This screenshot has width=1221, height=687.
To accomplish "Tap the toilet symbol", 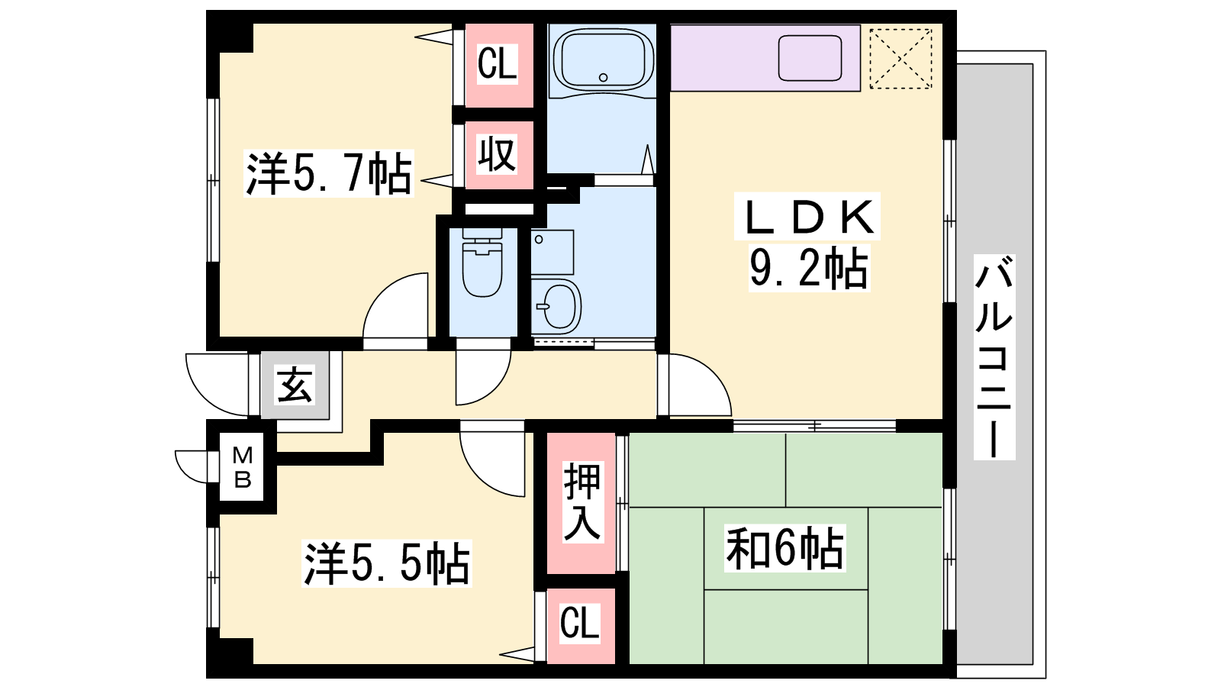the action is point(482,263).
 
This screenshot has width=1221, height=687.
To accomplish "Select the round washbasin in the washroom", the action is point(558,305).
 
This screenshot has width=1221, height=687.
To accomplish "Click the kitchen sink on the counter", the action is point(810,58).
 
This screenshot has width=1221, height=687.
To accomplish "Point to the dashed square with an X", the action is point(900,58).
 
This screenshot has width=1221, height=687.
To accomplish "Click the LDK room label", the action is point(807,217).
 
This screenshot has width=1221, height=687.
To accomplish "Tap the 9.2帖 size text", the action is point(809,268).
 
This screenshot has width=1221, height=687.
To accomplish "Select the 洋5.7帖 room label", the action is point(329,173).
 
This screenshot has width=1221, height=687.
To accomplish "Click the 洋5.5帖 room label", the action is point(386,563).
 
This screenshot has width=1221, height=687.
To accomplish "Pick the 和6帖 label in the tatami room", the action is point(784,547).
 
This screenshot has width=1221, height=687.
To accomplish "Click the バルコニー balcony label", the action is point(994,357).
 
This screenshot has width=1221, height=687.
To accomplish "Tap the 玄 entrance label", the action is point(295,385).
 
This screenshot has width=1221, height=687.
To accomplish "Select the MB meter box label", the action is point(242,466).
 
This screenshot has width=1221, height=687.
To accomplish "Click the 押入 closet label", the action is point(582,502).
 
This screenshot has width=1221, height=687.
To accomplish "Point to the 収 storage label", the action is point(497,155).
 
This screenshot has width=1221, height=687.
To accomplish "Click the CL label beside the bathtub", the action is point(497,64).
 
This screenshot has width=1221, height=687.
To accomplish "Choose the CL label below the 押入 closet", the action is point(579,623).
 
